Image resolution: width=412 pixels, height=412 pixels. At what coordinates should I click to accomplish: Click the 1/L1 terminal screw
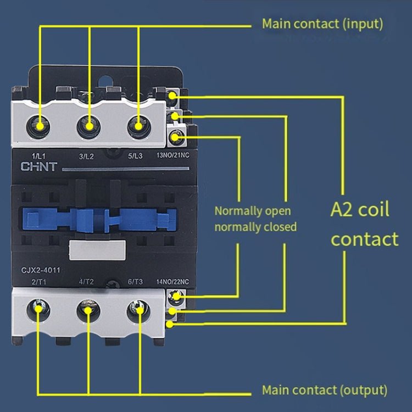click(x=40, y=125)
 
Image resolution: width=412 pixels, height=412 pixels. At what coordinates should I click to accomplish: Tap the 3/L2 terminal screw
click(x=88, y=126)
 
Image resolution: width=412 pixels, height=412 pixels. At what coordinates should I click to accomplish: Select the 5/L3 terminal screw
click(x=137, y=126)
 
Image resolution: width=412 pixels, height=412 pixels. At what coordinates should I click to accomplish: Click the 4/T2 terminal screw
click(x=87, y=310)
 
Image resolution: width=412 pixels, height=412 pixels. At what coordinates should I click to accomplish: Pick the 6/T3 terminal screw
click(x=137, y=310)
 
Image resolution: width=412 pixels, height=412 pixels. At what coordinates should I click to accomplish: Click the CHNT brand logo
click(x=39, y=166)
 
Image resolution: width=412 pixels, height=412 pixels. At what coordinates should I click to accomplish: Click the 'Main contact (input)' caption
click(x=322, y=24)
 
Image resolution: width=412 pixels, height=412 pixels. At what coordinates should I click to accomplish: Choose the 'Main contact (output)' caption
click(x=324, y=390)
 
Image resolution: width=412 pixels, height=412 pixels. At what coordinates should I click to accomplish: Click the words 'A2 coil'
click(x=360, y=210)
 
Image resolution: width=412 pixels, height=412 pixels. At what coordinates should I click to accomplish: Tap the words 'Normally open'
click(x=253, y=211)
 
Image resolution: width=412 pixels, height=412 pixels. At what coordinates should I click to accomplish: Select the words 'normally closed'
click(x=255, y=226)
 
